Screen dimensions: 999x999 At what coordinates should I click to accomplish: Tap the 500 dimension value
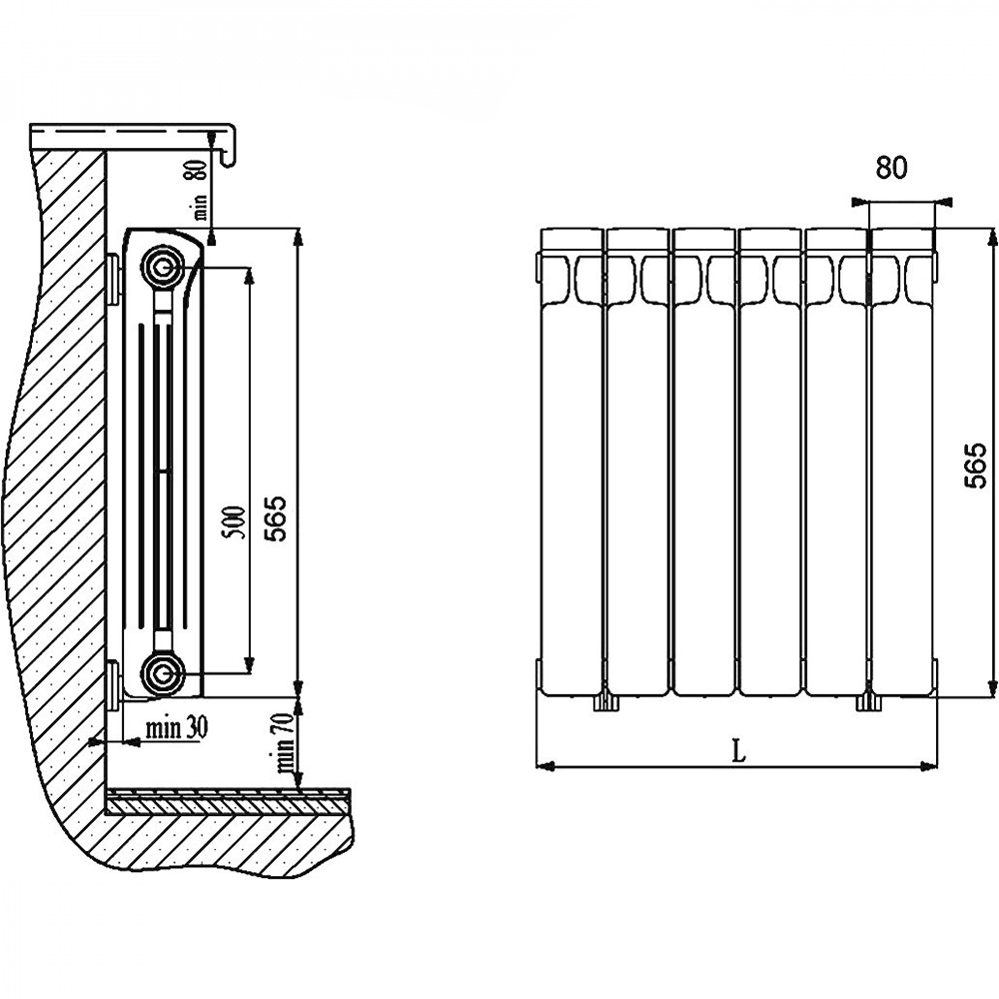(x=236, y=522)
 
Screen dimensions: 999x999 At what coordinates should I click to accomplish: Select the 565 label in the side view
(x=276, y=518)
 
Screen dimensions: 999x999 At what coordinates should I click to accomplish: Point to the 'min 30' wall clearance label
(x=177, y=727)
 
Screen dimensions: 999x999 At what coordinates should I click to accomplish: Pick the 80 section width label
(x=891, y=168)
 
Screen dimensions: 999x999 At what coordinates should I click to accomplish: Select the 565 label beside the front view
(x=975, y=466)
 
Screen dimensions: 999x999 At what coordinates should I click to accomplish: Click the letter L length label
(x=738, y=752)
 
